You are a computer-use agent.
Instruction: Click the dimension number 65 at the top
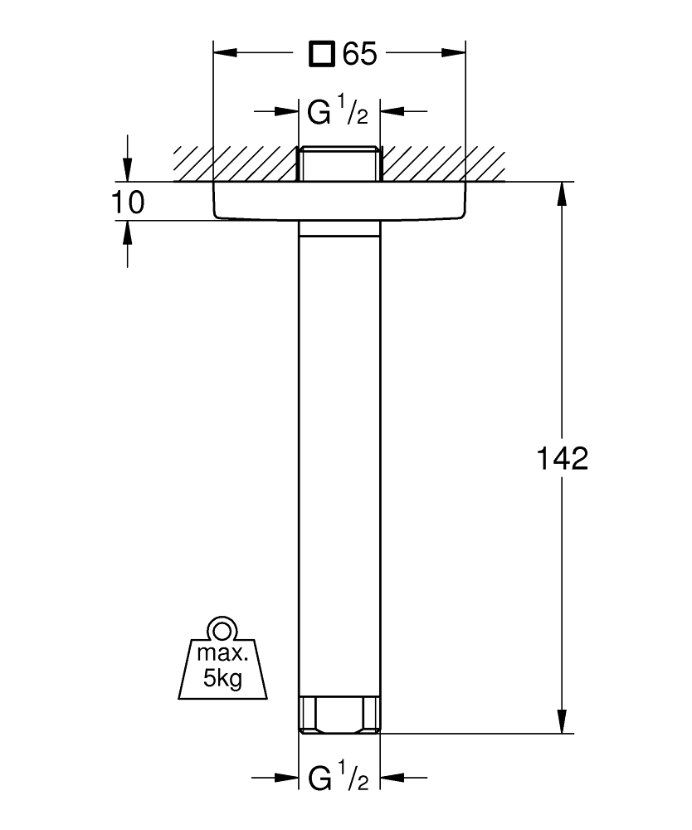[359, 55]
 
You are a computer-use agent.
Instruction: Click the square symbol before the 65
[323, 55]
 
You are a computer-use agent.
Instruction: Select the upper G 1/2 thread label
[338, 112]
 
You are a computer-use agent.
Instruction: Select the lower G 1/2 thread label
[338, 779]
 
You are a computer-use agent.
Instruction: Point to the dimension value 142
[560, 458]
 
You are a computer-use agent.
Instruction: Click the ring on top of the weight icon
[222, 627]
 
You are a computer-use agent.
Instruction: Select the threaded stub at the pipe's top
[339, 164]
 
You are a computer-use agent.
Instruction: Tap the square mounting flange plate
[339, 202]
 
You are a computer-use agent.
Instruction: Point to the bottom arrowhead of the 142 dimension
[563, 721]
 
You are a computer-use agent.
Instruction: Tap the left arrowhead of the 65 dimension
[227, 55]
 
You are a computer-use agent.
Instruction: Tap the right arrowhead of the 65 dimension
[452, 55]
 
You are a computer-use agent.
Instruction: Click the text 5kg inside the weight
[222, 680]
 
